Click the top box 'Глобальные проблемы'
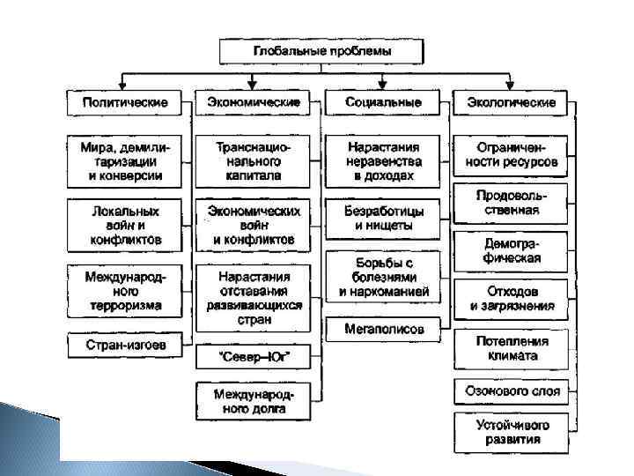pos(322,50)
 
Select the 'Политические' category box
pos(125,102)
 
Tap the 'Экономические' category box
pos(253,102)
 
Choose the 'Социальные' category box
pos(383,102)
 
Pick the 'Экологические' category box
pos(510,102)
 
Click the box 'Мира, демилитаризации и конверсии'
pos(125,160)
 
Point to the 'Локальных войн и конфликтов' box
pos(125,225)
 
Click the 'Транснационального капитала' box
pos(253,160)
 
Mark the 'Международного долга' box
pos(253,401)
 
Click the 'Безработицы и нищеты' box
pos(383,219)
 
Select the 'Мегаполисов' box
pos(383,329)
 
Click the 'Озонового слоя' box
pos(510,390)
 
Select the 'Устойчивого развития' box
pos(510,432)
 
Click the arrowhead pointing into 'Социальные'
pos(383,86)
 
